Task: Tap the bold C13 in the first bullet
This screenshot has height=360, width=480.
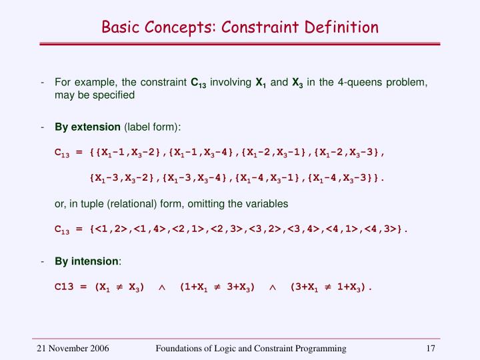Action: (x=198, y=83)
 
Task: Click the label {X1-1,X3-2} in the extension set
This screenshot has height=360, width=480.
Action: (x=127, y=152)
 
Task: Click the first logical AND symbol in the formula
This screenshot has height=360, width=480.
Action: (x=161, y=288)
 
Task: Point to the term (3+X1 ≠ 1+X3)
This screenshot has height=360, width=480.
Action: (x=327, y=288)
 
